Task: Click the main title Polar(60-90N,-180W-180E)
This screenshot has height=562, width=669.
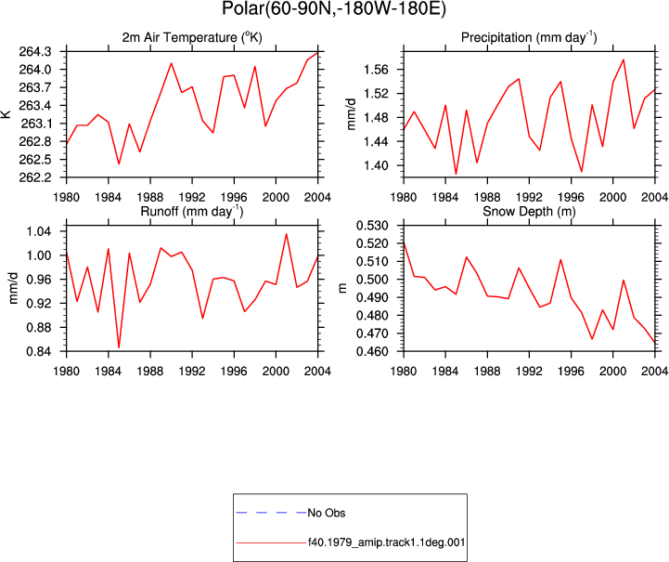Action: point(334,8)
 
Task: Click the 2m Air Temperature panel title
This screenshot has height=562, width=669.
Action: point(192,37)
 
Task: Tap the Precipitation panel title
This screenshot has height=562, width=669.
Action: point(529,37)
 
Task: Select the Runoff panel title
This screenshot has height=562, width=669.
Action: point(192,212)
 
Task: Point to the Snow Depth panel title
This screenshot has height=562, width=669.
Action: point(529,212)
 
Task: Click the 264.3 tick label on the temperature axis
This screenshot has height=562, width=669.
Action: point(34,52)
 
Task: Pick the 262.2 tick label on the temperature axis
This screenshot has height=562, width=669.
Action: point(34,177)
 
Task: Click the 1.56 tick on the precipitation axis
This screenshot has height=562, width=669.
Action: point(375,69)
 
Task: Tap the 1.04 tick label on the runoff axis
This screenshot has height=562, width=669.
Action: point(38,231)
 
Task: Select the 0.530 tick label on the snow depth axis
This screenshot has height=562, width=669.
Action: point(372,226)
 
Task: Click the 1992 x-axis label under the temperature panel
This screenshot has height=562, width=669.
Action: point(192,197)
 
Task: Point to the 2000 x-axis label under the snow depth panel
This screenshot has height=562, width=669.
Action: point(612,372)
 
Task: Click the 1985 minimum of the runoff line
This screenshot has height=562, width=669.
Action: point(119,347)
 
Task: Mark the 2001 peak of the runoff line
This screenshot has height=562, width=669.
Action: point(287,233)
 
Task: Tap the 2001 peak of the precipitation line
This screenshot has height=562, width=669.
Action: point(624,59)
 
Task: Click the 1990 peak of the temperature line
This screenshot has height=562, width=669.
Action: point(171,63)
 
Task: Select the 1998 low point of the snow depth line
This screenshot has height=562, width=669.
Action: point(592,339)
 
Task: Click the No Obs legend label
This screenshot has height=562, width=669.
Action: point(327,513)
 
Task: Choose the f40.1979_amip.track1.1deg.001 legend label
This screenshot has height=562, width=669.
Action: point(386,542)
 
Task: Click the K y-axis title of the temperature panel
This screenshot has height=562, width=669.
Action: point(6,114)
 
